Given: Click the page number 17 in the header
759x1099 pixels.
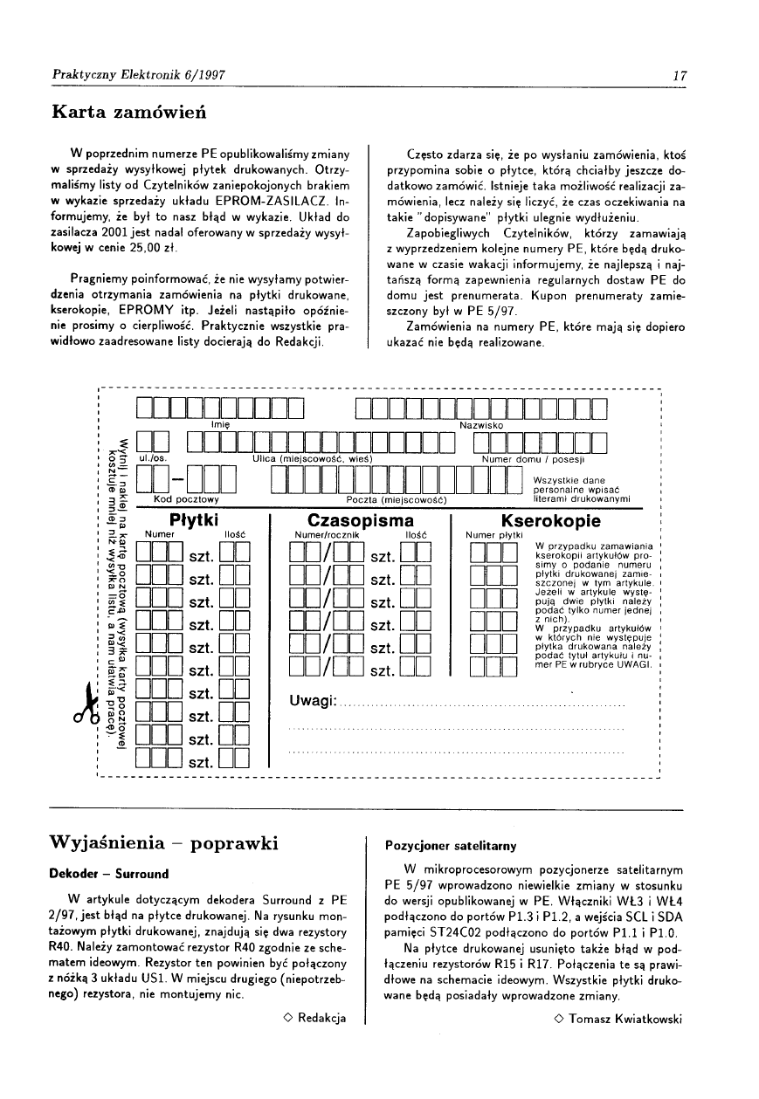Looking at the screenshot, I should tap(678, 75).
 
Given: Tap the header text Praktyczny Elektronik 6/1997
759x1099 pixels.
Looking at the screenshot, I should tap(137, 75).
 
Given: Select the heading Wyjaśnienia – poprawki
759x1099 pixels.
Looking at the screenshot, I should tap(165, 843).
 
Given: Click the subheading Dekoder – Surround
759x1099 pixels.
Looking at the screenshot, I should tap(110, 874).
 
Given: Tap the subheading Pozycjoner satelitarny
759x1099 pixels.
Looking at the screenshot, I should tap(451, 846).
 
